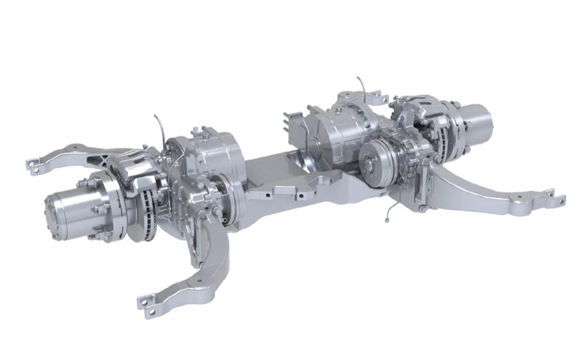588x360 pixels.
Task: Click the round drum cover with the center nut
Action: point(374,165)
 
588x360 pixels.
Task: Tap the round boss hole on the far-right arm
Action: point(519,197)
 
